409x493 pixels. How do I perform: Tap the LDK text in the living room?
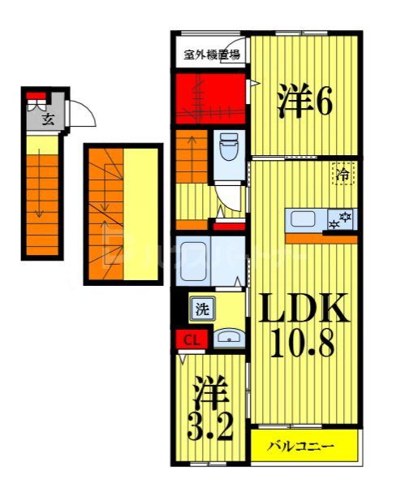click(303, 308)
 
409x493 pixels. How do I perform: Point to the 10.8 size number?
click(303, 347)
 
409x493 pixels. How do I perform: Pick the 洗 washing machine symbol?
click(201, 309)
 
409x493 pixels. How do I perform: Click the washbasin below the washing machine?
click(229, 338)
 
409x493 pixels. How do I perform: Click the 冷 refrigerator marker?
click(342, 172)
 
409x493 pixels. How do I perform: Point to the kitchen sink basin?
click(304, 218)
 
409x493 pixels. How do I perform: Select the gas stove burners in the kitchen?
click(339, 218)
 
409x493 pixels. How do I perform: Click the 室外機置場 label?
click(211, 55)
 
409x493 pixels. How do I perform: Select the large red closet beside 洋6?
click(210, 98)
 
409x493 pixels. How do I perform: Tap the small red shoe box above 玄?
click(34, 96)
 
